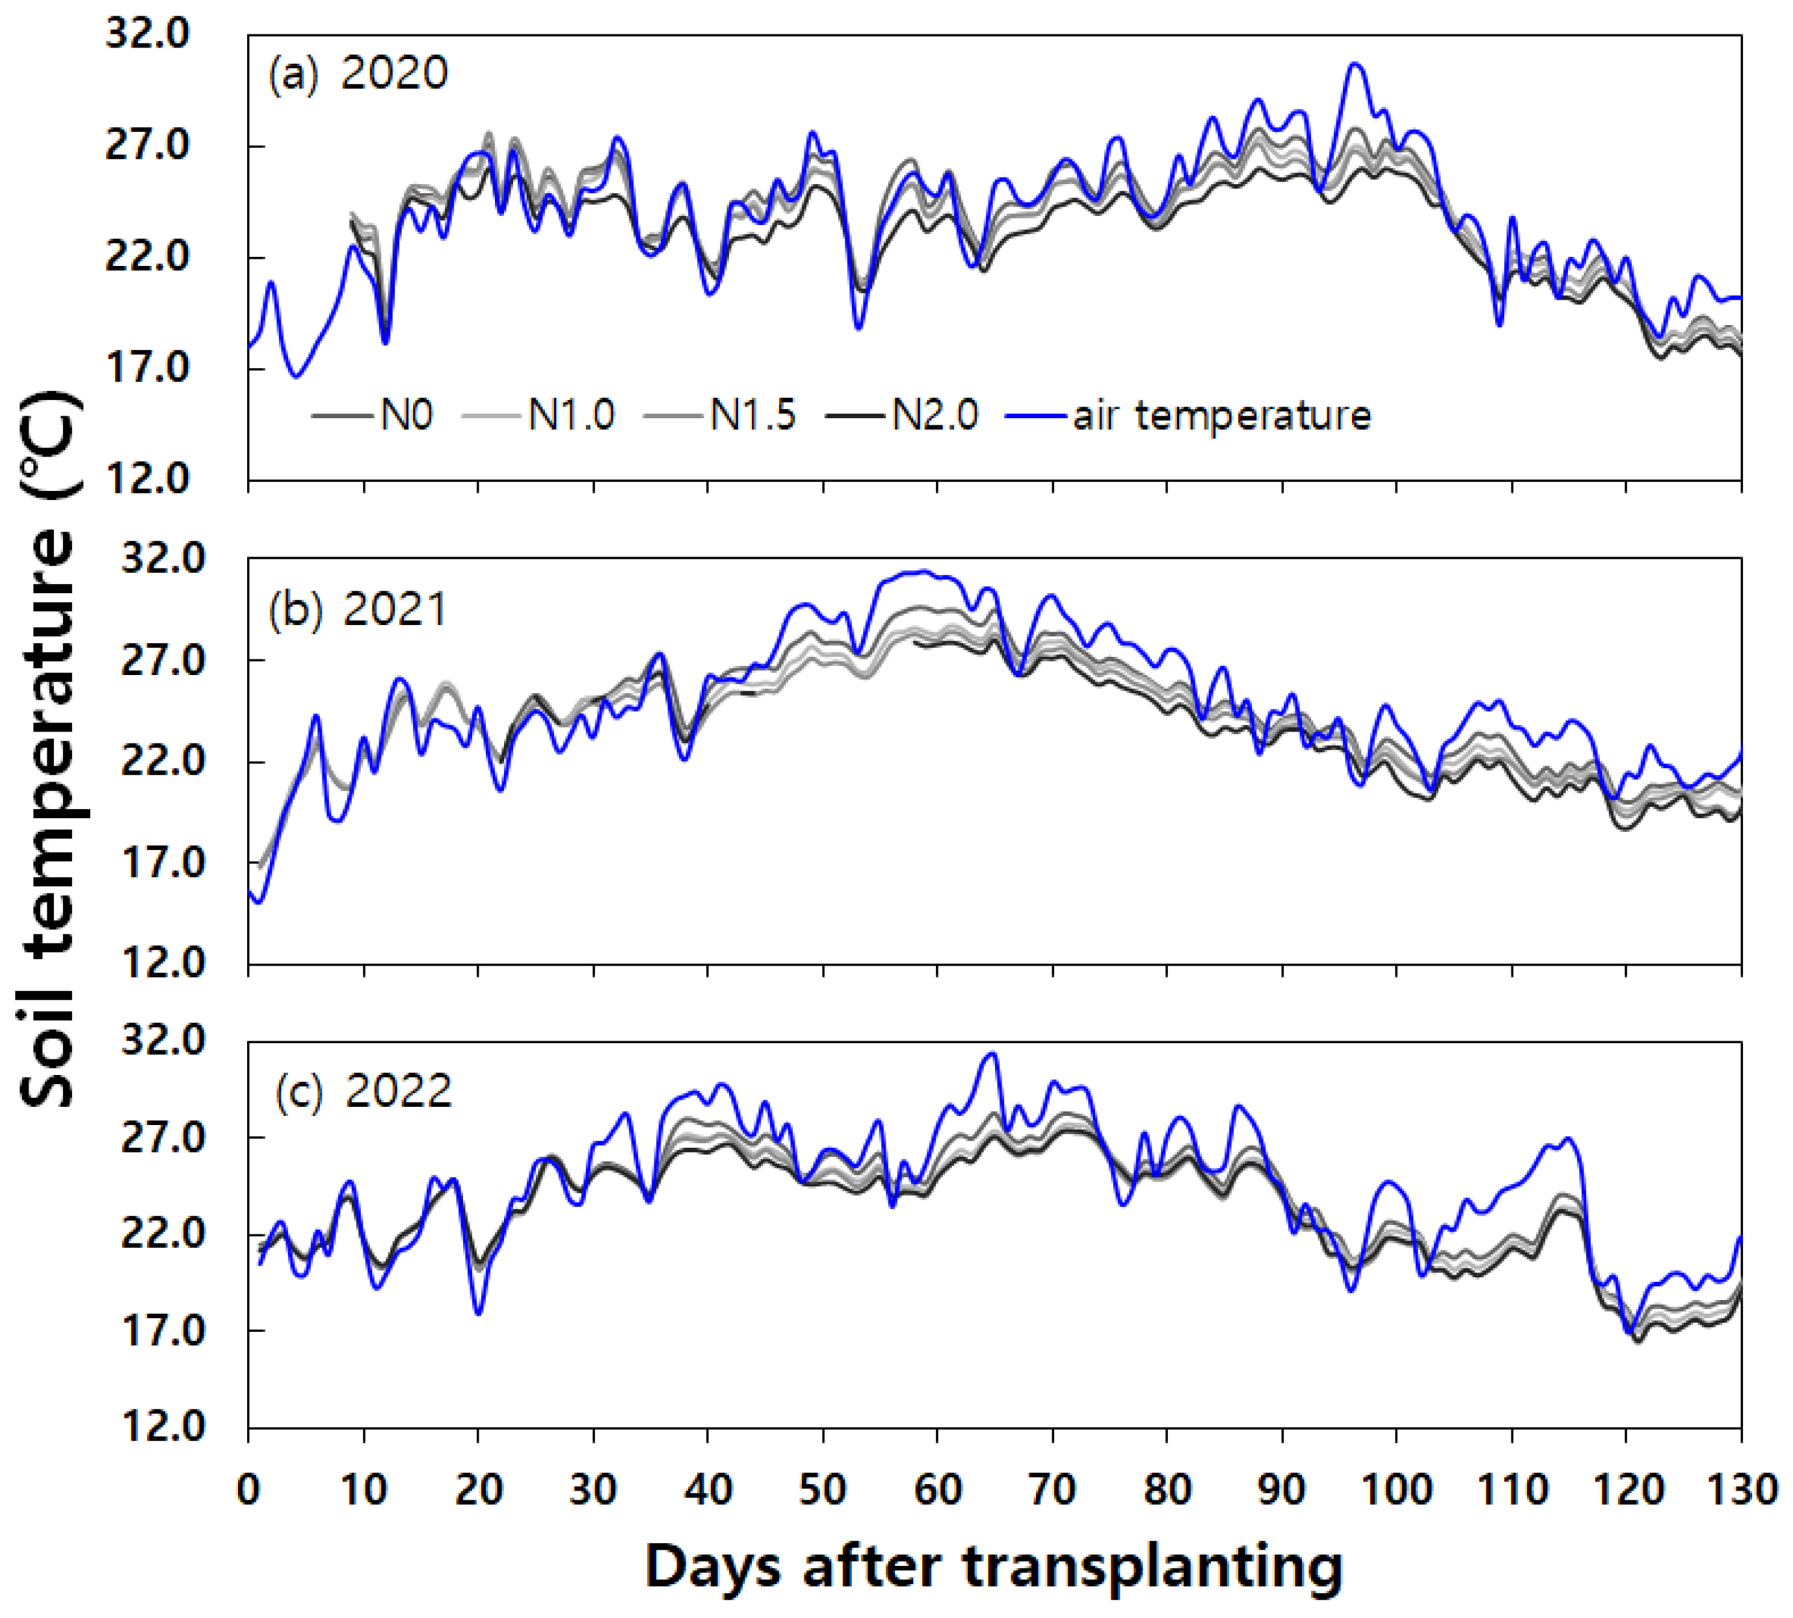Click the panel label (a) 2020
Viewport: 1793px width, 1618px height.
point(358,73)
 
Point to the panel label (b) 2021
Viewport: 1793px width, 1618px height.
point(358,610)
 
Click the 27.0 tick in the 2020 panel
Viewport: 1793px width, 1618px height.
point(148,146)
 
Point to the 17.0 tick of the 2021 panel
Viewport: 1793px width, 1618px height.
point(163,862)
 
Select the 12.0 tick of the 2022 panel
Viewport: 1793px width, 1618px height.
point(163,1427)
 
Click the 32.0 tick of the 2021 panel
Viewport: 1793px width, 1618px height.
point(163,558)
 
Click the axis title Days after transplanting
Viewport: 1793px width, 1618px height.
point(993,1567)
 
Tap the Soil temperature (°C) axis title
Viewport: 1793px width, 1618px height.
point(49,747)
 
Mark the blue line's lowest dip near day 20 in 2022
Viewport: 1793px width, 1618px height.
point(478,1313)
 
